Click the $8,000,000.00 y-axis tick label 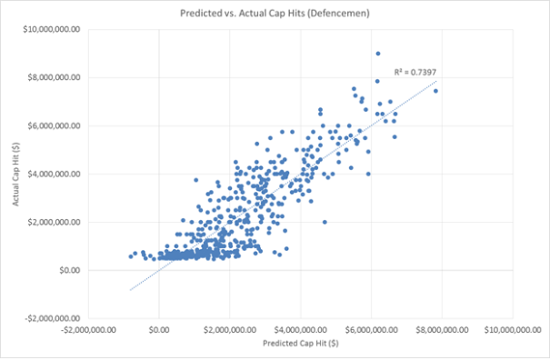point(57,77)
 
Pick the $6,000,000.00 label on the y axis point(57,125)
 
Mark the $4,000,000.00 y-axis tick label point(57,174)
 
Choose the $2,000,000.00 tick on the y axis point(57,222)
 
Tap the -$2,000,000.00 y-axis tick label point(56,318)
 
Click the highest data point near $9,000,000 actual point(378,54)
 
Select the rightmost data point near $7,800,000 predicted point(436,91)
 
